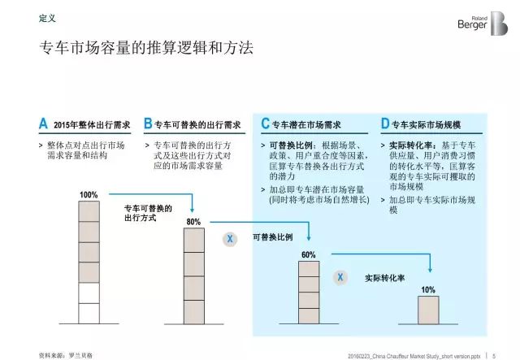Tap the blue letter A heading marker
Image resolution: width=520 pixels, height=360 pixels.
tap(43, 124)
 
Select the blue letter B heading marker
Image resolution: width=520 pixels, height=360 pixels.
tap(148, 124)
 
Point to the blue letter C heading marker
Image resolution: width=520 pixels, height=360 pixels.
tap(265, 124)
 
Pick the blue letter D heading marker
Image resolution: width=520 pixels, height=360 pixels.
tap(385, 124)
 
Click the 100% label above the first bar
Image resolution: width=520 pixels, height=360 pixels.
tap(89, 195)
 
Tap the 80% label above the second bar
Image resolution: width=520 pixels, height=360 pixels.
tap(193, 222)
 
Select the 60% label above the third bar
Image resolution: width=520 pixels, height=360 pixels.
tap(309, 255)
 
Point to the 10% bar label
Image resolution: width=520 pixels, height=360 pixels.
tap(428, 290)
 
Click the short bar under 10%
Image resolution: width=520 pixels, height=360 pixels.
tap(428, 311)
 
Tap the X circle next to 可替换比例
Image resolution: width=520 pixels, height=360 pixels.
tap(230, 239)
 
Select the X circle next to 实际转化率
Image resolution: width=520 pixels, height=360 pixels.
tap(340, 277)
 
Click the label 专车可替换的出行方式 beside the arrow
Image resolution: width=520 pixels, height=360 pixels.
tap(136, 214)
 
